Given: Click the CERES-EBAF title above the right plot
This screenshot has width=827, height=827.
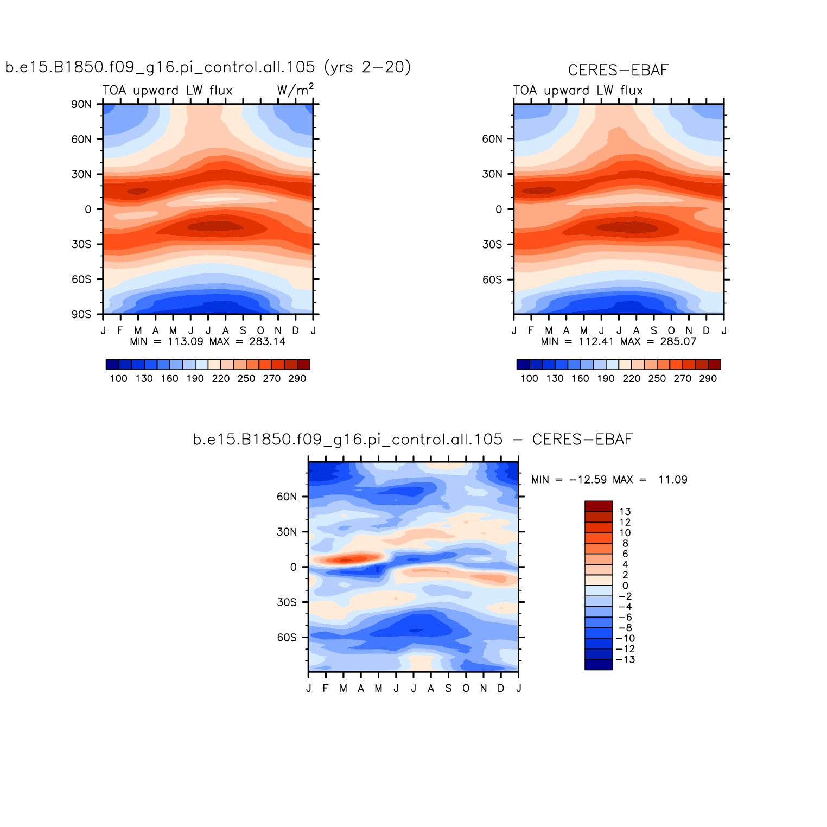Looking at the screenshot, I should pos(618,71).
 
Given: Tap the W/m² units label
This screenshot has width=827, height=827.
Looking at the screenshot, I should pos(295,90).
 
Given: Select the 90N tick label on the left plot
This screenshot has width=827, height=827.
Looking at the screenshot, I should pos(81,104).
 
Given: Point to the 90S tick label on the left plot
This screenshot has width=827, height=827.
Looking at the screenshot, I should pos(81,315).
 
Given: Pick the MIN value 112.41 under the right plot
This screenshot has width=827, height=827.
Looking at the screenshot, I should pos(596,341).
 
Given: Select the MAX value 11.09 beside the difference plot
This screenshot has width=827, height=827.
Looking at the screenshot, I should pos(672,480).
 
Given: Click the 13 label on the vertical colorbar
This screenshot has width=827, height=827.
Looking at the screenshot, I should pos(625,512).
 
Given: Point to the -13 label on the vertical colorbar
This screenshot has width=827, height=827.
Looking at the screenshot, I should pos(625,660).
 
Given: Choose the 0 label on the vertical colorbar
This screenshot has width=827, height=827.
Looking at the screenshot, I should pos(625,586).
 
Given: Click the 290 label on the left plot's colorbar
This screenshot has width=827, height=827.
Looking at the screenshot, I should pos(297,379).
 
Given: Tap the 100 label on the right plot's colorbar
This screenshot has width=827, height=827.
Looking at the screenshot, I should pos(529,379).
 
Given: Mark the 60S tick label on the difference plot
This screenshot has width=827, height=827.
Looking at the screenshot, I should pos(287,638).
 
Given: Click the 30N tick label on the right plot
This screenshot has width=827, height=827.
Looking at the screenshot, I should pos(492,174).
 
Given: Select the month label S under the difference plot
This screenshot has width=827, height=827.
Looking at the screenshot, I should pos(448,689).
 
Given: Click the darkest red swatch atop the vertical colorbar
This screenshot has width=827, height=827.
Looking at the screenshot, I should pos(599,506).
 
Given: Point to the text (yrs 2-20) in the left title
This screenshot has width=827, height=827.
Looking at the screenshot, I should pos(367,67).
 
